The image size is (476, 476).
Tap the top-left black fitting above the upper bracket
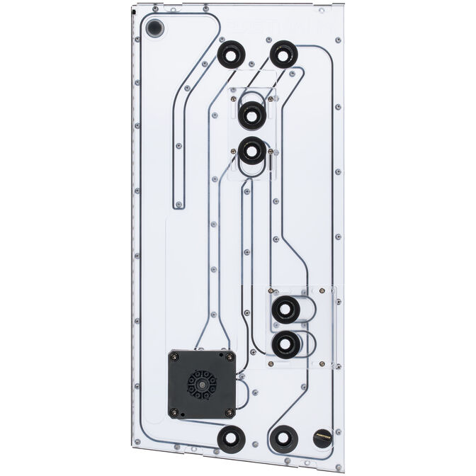[231, 54]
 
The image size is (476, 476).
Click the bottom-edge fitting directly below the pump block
[230, 439]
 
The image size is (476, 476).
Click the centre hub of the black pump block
[201, 385]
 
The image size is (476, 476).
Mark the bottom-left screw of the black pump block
[174, 412]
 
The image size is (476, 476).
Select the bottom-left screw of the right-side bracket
[271, 363]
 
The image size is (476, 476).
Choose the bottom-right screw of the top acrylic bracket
[271, 151]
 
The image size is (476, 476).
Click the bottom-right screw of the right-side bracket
[323, 363]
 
